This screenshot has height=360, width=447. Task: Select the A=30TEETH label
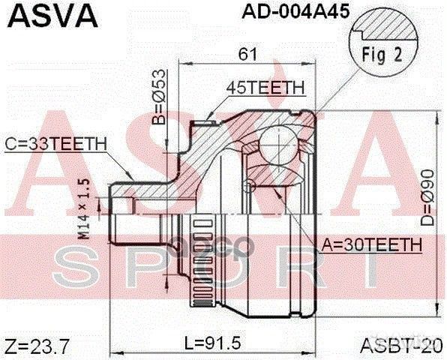point(370,244)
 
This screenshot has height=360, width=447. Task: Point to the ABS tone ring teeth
point(197,262)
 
